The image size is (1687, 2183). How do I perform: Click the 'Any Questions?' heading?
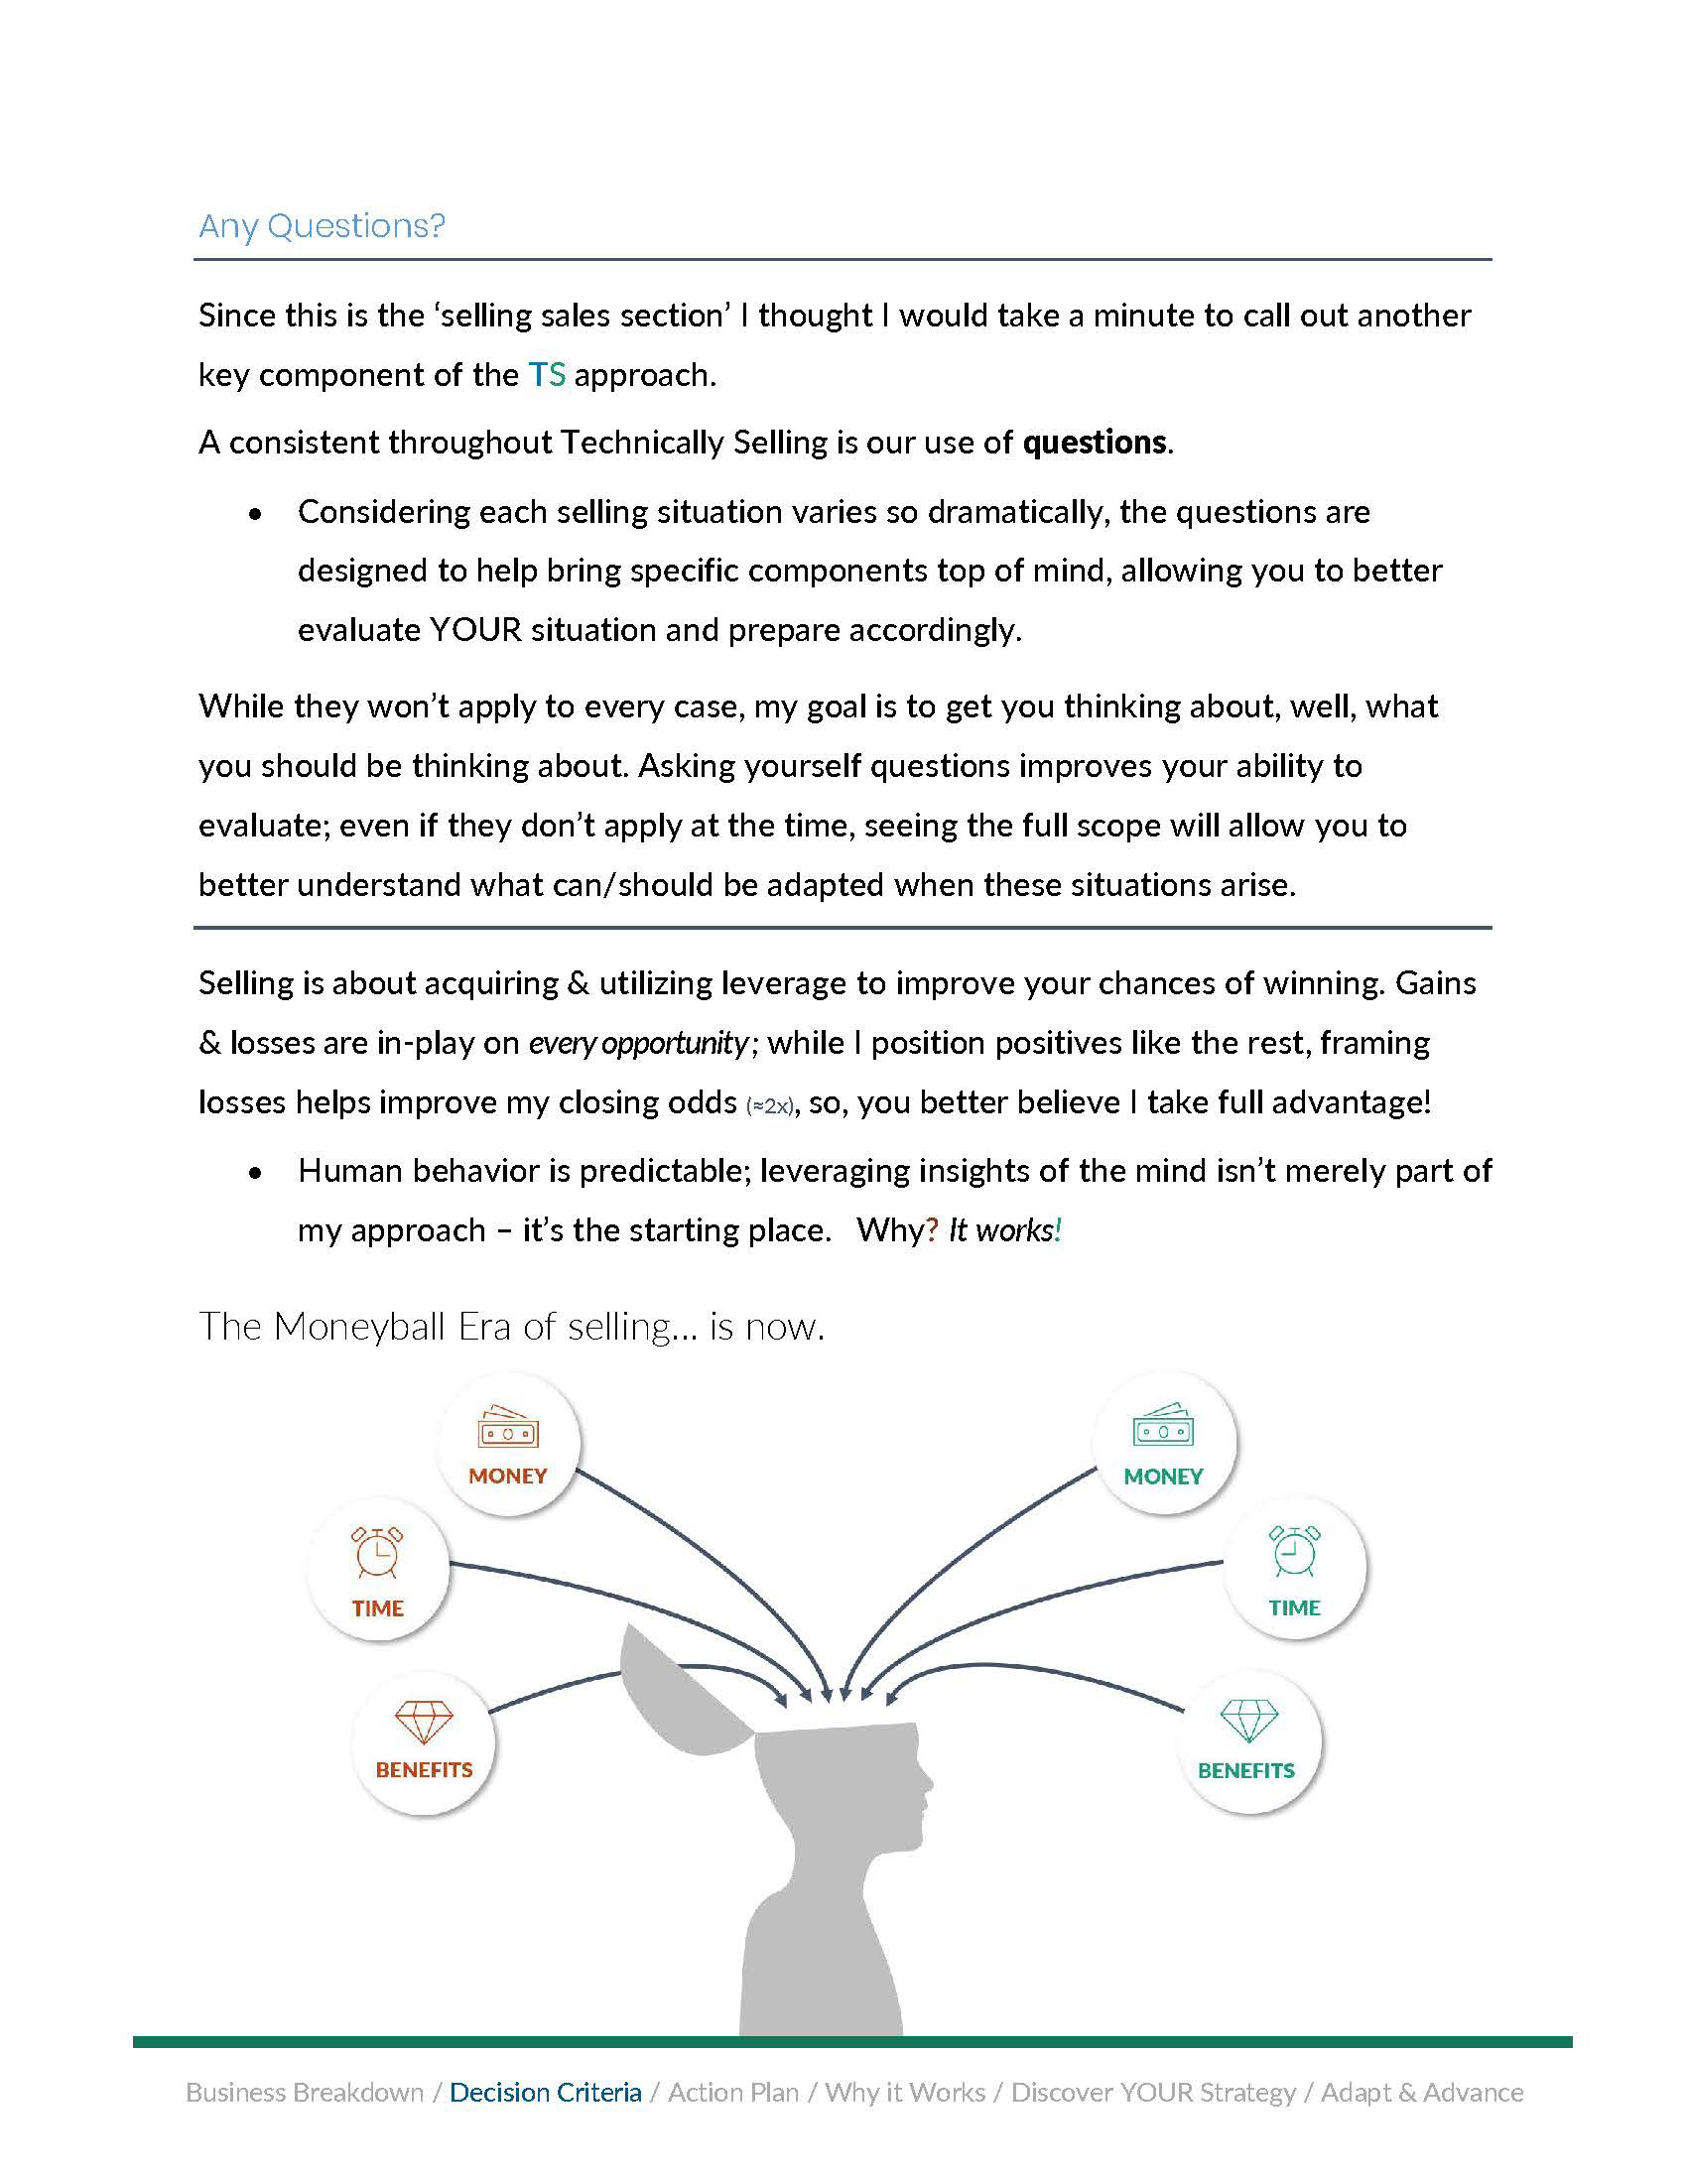click(322, 226)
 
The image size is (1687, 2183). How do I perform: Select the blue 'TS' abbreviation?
click(547, 375)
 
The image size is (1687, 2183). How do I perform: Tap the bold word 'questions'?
click(1095, 442)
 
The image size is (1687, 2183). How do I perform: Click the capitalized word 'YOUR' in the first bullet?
click(475, 630)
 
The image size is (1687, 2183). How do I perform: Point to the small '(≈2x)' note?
click(769, 1105)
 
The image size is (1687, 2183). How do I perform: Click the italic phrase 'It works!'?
click(1004, 1229)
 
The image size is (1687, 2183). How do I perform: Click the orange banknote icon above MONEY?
click(508, 1428)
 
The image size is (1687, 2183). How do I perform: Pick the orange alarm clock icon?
click(378, 1552)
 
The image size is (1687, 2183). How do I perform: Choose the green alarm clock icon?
click(1294, 1551)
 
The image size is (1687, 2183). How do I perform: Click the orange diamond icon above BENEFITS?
click(424, 1722)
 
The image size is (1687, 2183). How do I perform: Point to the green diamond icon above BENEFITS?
click(1249, 1721)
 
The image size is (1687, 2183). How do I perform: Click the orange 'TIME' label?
click(378, 1608)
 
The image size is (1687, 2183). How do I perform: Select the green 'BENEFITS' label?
click(1246, 1770)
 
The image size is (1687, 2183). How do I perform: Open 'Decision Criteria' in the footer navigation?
click(546, 2092)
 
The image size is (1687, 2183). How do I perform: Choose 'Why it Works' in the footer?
click(904, 2092)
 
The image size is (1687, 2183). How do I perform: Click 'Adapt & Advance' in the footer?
click(1421, 2092)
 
